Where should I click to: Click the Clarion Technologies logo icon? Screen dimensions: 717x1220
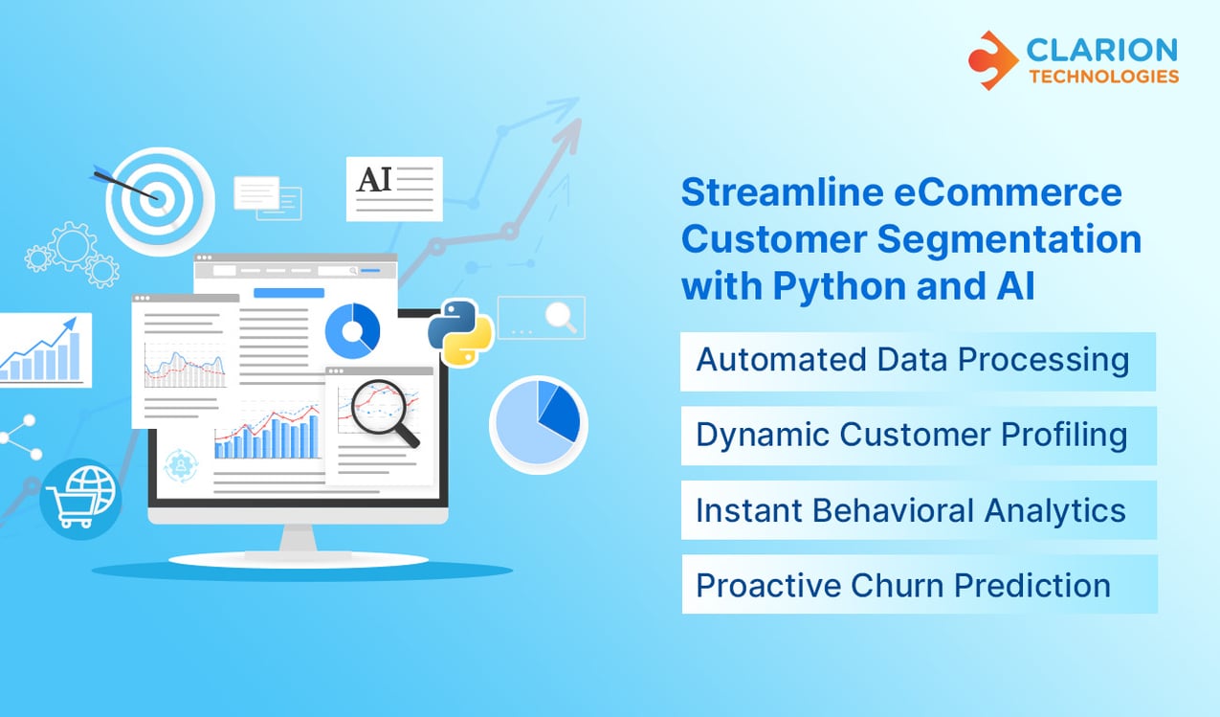[x=992, y=59]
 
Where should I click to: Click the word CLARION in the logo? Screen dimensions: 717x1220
[x=1103, y=48]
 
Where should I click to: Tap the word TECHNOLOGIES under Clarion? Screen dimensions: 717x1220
[x=1103, y=77]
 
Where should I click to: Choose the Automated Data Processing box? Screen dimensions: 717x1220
[x=917, y=361]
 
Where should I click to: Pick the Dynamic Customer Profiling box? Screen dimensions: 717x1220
[x=917, y=436]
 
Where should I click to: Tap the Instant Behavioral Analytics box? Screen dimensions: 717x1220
[x=917, y=510]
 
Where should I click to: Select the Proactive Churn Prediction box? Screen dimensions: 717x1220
[x=917, y=585]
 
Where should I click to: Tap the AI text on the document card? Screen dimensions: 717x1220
[x=374, y=180]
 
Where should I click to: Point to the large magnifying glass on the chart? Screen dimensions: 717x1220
[x=380, y=410]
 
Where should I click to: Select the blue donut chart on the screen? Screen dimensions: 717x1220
[x=352, y=331]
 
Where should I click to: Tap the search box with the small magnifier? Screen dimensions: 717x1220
[x=541, y=318]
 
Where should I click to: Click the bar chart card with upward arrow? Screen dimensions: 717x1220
[x=44, y=350]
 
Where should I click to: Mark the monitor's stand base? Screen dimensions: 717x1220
[x=298, y=558]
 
